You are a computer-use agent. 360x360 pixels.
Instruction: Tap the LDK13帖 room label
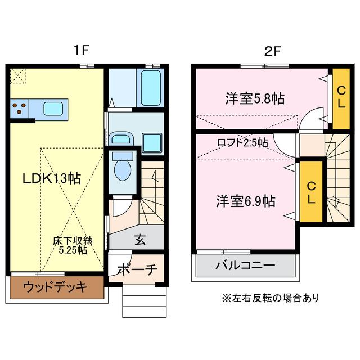[x=51, y=179]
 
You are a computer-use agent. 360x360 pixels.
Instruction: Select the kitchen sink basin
[x=54, y=107]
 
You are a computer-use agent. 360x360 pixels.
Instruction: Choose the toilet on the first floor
[x=121, y=166]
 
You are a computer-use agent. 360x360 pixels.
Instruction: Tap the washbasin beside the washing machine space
[x=120, y=138]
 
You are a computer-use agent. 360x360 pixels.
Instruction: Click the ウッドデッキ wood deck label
[x=56, y=288]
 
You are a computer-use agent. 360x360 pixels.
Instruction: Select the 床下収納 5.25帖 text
[x=73, y=246]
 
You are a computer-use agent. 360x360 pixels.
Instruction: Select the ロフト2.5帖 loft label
[x=242, y=143]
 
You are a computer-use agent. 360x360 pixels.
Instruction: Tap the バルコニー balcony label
[x=245, y=266]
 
